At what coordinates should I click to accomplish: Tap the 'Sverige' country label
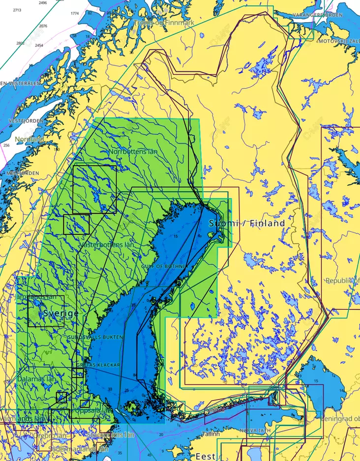tap(60, 313)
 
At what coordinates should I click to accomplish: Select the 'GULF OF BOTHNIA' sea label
tap(165, 266)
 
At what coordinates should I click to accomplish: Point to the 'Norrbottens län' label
tap(133, 151)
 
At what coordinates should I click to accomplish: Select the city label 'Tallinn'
tap(211, 434)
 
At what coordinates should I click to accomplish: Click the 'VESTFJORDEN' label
tap(24, 120)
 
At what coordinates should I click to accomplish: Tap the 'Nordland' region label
tap(29, 139)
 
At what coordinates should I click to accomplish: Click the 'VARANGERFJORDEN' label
tap(318, 15)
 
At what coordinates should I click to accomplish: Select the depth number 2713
tap(17, 10)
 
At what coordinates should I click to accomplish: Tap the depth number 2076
tap(43, 26)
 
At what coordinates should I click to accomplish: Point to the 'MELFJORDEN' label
tap(23, 173)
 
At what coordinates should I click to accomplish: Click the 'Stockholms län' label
tap(110, 435)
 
